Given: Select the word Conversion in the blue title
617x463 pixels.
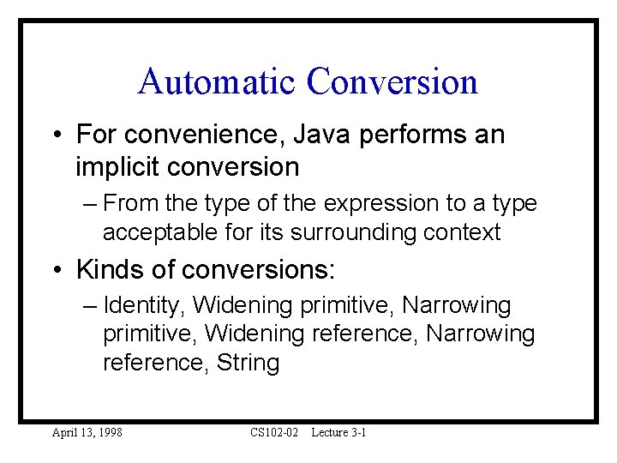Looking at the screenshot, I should click(392, 82).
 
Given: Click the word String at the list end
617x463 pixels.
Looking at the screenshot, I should click(248, 363).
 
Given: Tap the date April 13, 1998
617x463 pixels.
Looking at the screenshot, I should click(87, 432).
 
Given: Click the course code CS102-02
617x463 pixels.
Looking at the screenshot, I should click(274, 432).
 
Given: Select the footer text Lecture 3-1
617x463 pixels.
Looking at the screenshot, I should click(338, 432).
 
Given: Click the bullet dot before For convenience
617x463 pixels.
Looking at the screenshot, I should click(56, 135).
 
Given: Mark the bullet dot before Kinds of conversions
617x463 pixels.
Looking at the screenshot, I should click(56, 271).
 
